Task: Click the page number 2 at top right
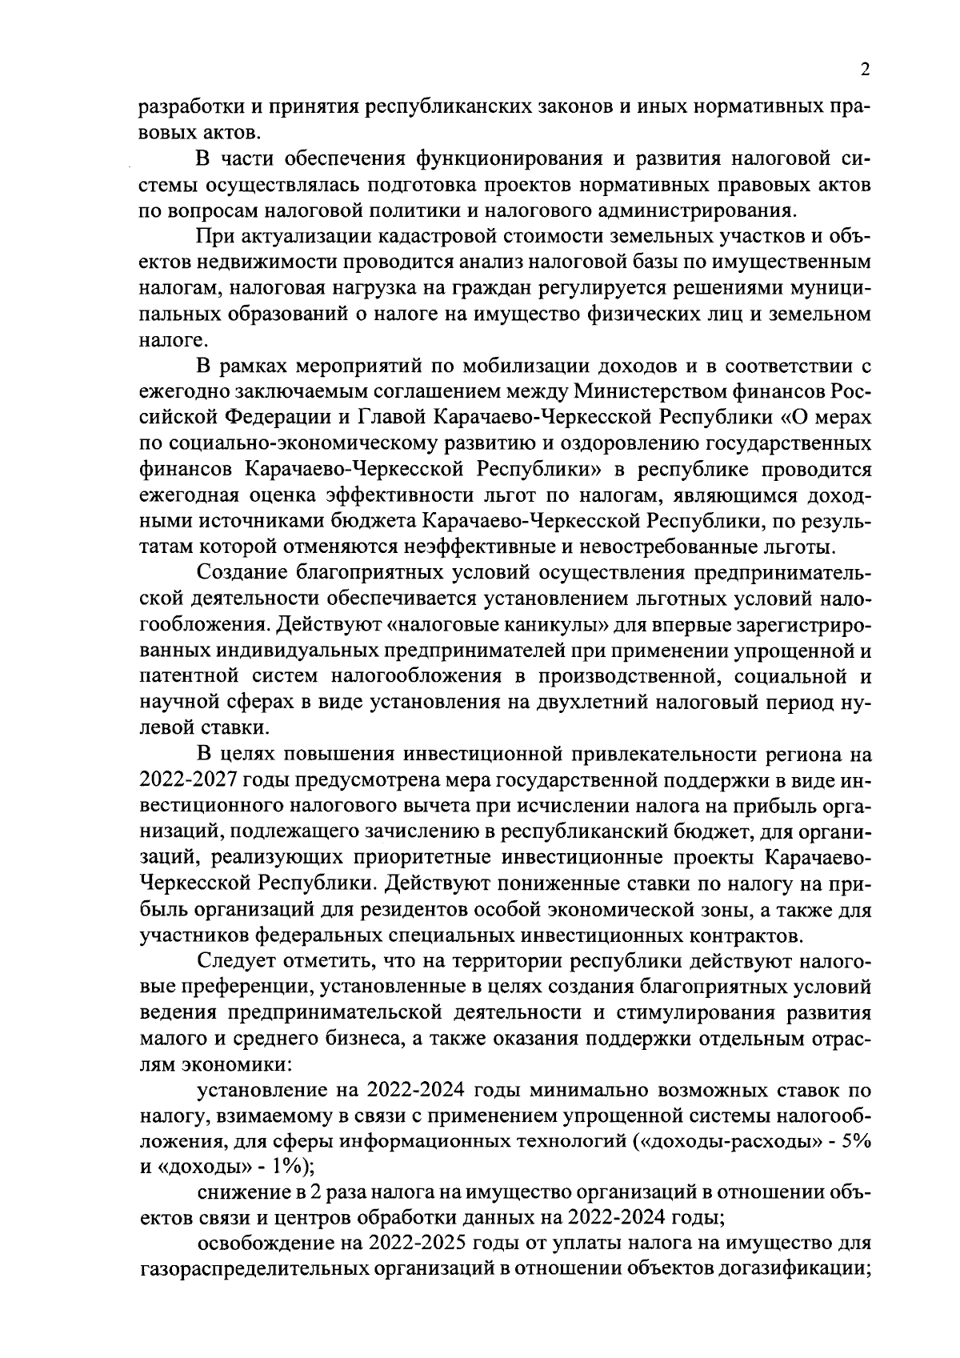(865, 70)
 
